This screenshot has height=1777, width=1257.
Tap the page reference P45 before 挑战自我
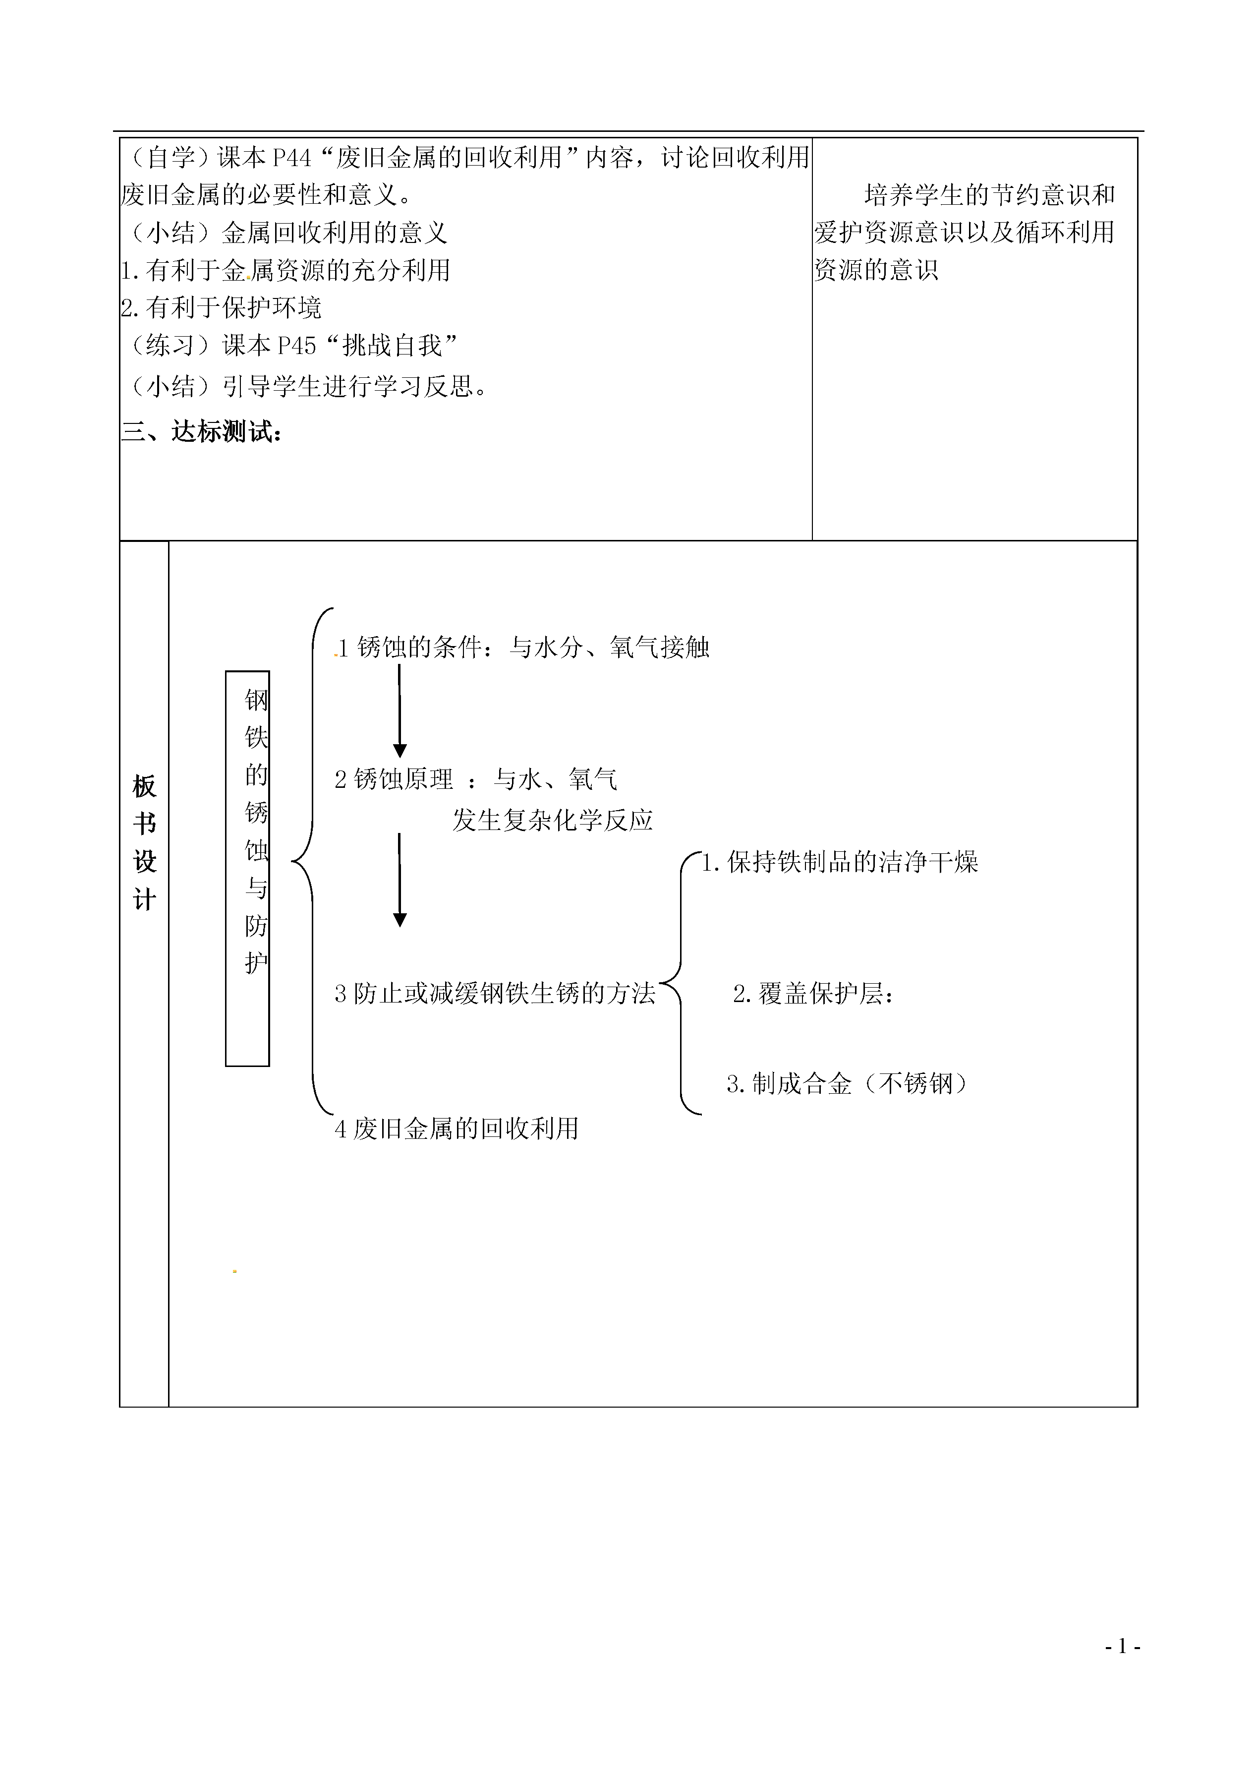296,345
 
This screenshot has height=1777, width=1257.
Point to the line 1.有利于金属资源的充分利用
286,270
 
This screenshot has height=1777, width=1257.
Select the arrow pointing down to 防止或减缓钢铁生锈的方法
400,880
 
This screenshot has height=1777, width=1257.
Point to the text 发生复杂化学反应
553,820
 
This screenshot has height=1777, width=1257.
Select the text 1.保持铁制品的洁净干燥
840,862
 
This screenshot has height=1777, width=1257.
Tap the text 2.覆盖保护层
813,994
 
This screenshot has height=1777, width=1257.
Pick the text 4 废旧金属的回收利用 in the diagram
457,1128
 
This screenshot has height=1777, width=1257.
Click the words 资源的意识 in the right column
876,269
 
